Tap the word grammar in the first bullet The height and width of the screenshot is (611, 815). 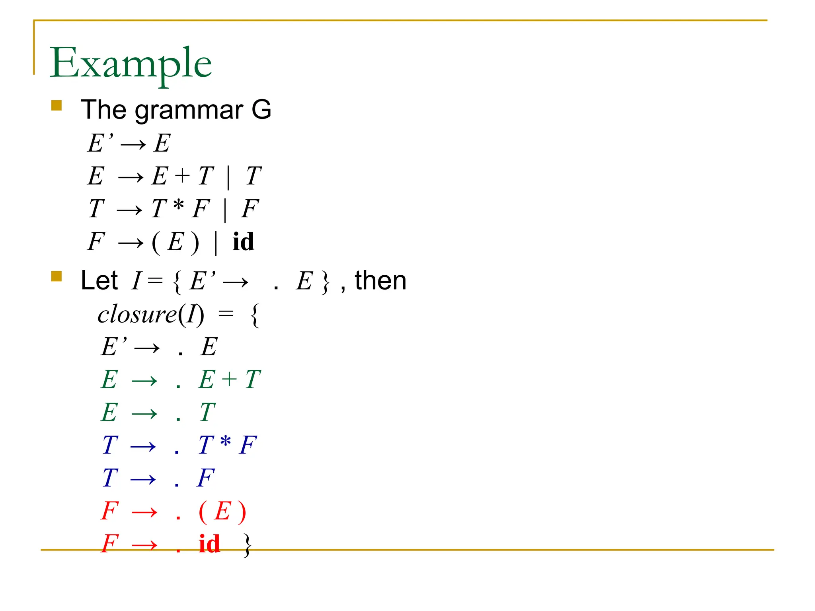189,110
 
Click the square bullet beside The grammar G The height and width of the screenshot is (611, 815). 57,105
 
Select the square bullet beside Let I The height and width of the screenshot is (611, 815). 57,276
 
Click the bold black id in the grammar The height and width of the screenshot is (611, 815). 243,241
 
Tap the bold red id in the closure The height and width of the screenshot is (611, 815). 209,544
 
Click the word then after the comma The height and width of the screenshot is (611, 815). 380,280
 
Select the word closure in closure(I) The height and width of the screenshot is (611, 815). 137,315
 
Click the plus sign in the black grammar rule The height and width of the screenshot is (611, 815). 183,175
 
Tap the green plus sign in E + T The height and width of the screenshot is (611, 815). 229,379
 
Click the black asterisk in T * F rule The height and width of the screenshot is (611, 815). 179,206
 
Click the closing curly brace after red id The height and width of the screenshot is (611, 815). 248,545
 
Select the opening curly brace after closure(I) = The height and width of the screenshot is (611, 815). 255,315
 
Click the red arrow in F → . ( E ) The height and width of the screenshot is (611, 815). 144,512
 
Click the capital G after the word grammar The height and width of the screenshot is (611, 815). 261,110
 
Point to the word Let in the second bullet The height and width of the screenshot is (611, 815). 99,280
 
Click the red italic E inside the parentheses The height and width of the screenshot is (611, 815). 222,511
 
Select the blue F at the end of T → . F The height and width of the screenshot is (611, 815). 206,478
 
